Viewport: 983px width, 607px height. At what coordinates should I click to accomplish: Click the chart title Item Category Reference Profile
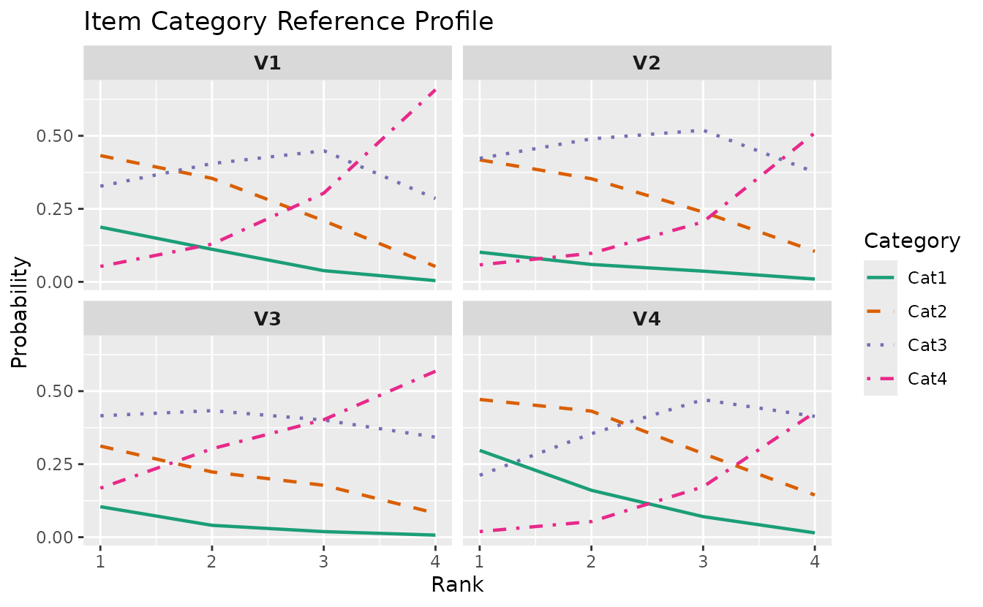(x=288, y=22)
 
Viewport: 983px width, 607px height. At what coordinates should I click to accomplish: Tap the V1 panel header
(x=268, y=63)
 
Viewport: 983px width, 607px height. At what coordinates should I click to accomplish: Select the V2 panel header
(x=647, y=63)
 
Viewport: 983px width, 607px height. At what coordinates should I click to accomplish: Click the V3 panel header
(x=268, y=319)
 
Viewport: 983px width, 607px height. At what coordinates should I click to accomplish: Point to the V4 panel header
(x=647, y=319)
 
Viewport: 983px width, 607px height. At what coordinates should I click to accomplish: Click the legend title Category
(x=912, y=241)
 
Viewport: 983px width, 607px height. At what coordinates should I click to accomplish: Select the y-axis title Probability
(x=20, y=312)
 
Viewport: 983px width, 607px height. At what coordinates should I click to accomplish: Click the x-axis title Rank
(x=457, y=584)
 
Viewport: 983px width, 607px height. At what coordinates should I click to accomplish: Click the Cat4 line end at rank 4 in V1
(x=435, y=90)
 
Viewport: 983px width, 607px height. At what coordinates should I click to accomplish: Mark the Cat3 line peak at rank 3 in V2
(x=703, y=131)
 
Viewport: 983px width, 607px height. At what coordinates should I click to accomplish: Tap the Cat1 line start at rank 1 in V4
(x=480, y=450)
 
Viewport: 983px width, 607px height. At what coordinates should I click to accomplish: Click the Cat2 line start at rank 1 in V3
(x=100, y=446)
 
